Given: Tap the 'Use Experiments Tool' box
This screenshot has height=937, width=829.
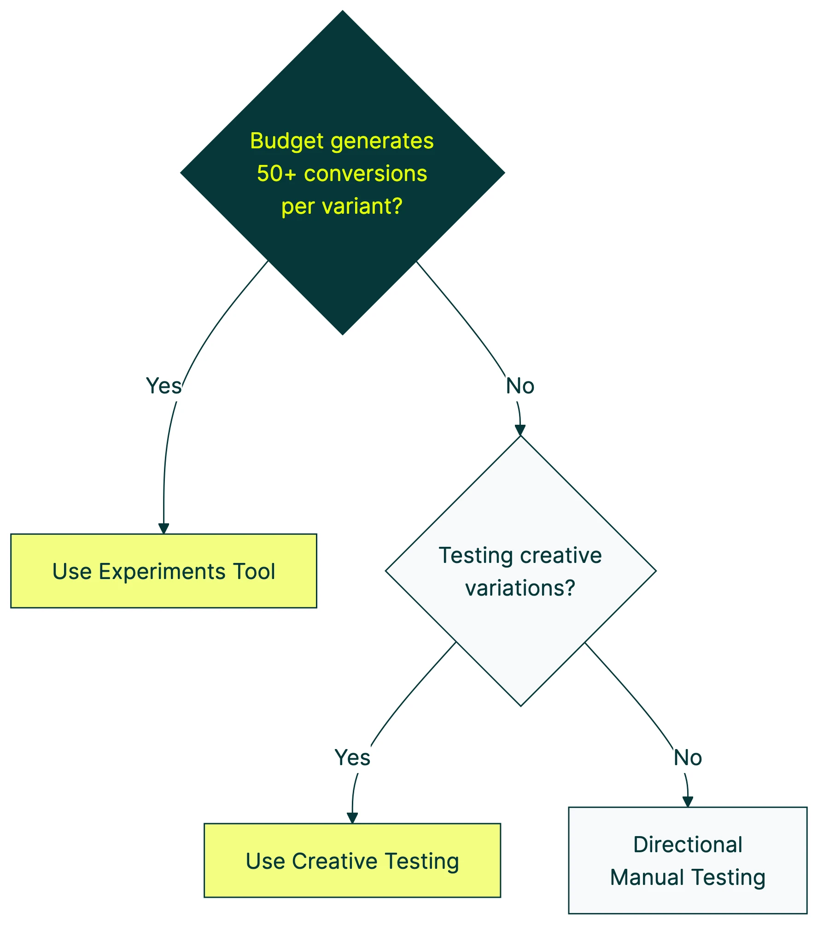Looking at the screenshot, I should [163, 571].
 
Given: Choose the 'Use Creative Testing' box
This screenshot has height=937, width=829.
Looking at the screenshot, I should [352, 861].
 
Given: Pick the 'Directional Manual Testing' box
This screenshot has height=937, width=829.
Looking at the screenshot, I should [688, 861].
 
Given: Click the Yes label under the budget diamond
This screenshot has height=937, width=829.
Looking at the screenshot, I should [163, 386].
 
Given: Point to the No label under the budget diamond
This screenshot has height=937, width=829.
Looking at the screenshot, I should [520, 386].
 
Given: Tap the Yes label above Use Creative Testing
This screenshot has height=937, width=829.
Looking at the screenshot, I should [352, 758].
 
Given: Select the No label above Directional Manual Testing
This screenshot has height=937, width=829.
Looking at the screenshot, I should [688, 758].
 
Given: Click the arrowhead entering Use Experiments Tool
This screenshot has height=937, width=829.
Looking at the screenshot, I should [163, 529].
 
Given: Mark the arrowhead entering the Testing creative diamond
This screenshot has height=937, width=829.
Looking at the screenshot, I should [520, 430].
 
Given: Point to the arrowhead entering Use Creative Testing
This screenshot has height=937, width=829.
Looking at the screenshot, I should [352, 818].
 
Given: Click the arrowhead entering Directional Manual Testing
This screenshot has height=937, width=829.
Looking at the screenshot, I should [688, 802].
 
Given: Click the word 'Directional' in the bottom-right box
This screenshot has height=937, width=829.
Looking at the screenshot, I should [688, 845].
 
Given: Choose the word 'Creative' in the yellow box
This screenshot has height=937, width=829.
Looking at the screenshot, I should [335, 861].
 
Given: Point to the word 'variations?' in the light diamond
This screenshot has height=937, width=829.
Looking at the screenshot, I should [520, 588].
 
